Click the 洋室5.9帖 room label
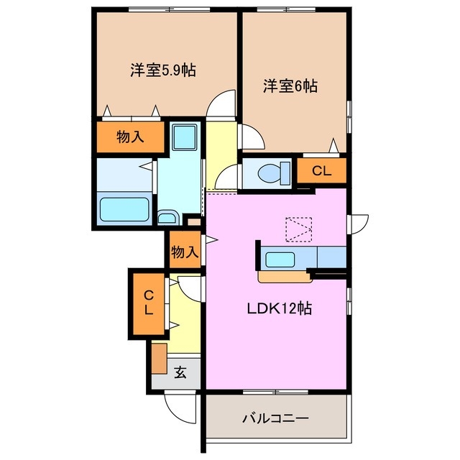(164, 70)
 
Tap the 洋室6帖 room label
(290, 86)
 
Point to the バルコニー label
(275, 418)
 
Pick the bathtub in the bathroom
(124, 209)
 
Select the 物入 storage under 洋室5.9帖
(129, 137)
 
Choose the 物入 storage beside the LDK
(185, 252)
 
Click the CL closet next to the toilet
(321, 171)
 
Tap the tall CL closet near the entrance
(148, 303)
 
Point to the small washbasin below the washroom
(168, 218)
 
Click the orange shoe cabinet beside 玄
(160, 357)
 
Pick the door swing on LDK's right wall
(358, 223)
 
